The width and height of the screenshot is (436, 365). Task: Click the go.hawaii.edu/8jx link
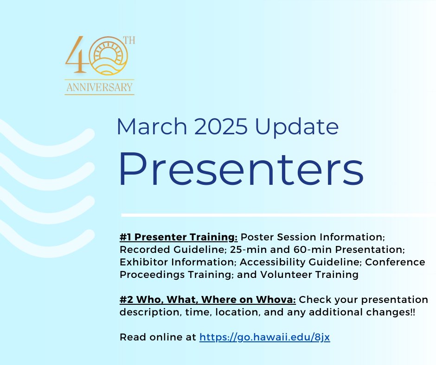[265, 337]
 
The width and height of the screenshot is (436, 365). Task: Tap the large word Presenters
[241, 169]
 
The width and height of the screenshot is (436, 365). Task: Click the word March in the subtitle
[152, 126]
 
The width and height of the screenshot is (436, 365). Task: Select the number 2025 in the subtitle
[221, 126]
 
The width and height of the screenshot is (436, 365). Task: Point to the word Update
[297, 128]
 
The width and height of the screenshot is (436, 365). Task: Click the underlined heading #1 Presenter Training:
[179, 237]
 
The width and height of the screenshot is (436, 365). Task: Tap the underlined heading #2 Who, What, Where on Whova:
[208, 299]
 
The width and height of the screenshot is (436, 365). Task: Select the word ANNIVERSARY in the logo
[100, 87]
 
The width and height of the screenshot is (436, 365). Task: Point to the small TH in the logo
[129, 41]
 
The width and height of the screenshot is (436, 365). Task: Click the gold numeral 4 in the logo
[76, 55]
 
